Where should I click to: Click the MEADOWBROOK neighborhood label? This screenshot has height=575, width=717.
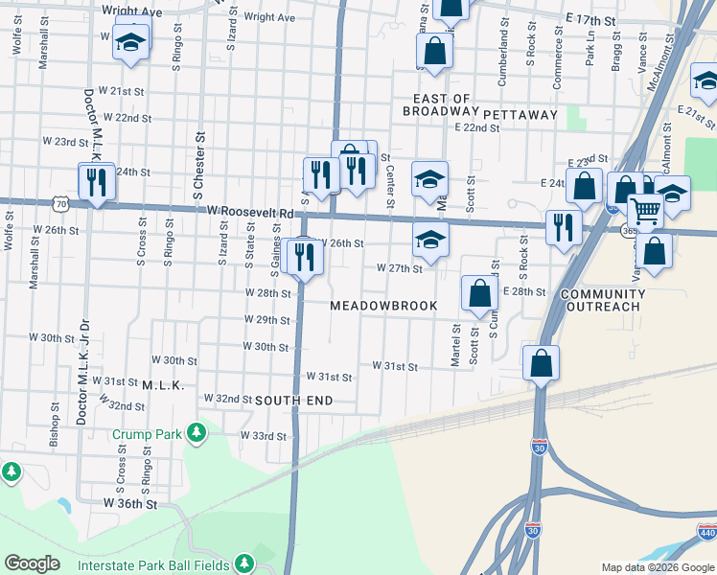coord(383,306)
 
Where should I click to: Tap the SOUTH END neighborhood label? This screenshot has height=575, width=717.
coord(293,399)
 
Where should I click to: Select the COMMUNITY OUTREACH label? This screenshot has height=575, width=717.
coord(599,300)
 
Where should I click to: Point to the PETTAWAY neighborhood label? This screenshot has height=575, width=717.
coord(520,115)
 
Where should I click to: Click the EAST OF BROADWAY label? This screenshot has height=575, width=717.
coord(441,105)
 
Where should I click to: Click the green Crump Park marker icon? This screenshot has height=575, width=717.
coord(197,433)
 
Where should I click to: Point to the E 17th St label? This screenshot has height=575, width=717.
coord(589,19)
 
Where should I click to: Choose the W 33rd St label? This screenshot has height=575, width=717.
coord(264,436)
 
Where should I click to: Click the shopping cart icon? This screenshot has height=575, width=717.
coord(645,209)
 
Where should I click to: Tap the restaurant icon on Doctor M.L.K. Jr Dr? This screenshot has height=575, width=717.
coord(96,181)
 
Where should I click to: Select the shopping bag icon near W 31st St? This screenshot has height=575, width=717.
coord(541,363)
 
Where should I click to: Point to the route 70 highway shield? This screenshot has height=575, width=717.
coord(61,204)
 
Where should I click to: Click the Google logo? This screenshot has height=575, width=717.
coord(32,563)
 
